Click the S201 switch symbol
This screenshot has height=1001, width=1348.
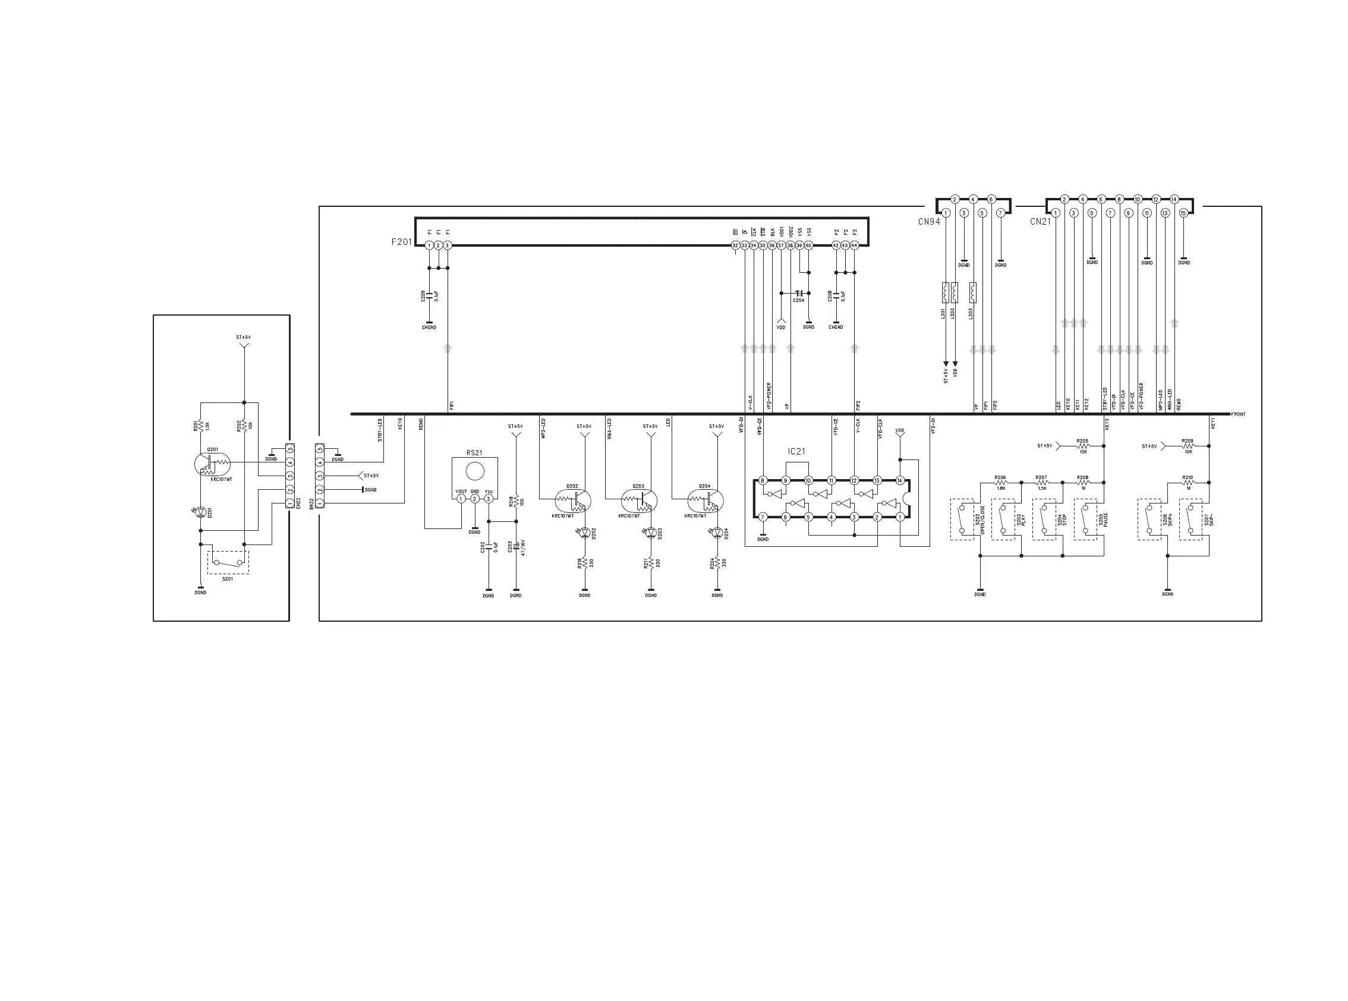pyautogui.click(x=228, y=562)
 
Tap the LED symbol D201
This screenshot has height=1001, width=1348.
pyautogui.click(x=201, y=512)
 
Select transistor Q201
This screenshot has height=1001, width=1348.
pyautogui.click(x=210, y=464)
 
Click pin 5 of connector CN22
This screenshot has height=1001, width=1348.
pyautogui.click(x=290, y=449)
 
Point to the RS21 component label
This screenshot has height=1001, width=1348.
pyautogui.click(x=474, y=452)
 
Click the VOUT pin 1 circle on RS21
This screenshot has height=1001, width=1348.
pyautogui.click(x=461, y=499)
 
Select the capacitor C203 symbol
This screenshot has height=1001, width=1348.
pyautogui.click(x=516, y=547)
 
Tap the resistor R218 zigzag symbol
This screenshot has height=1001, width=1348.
pyautogui.click(x=516, y=501)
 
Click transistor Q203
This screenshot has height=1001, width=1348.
pyautogui.click(x=640, y=501)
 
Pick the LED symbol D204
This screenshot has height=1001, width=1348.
pyautogui.click(x=717, y=533)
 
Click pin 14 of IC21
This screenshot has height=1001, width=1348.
pyautogui.click(x=900, y=480)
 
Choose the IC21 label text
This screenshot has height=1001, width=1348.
pyautogui.click(x=796, y=451)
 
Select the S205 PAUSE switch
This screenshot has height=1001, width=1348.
pyautogui.click(x=1085, y=520)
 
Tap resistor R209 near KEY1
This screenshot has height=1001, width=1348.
pyautogui.click(x=1188, y=446)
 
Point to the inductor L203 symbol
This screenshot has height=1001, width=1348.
pyautogui.click(x=973, y=292)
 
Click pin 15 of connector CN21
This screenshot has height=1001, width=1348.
pyautogui.click(x=1183, y=213)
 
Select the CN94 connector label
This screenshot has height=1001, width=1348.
pyautogui.click(x=929, y=222)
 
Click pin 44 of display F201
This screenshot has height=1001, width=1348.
pyautogui.click(x=854, y=245)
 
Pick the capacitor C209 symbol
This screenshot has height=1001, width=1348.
pyautogui.click(x=429, y=295)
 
